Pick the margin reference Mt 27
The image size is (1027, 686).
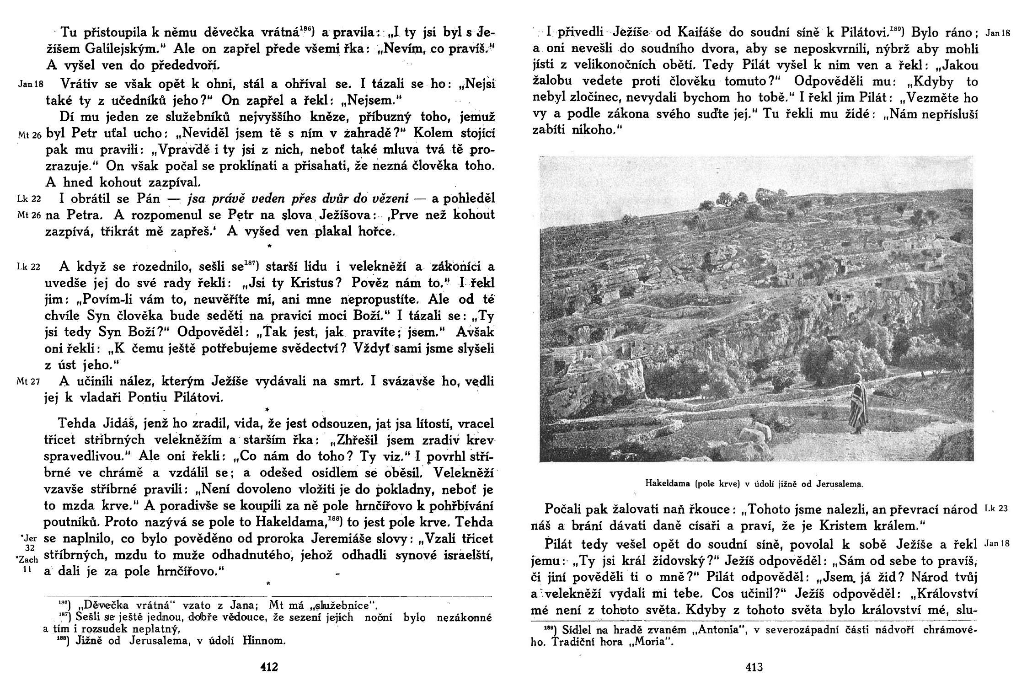(x=28, y=382)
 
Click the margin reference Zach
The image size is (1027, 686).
(x=29, y=560)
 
